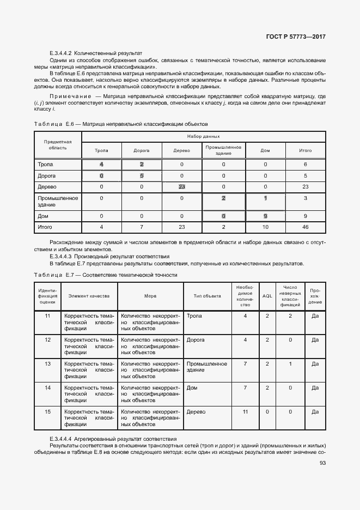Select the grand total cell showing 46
pyautogui.click(x=306, y=227)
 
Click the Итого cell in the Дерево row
pyautogui.click(x=306, y=186)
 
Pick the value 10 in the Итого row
pyautogui.click(x=265, y=227)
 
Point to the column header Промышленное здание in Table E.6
pyautogui.click(x=223, y=150)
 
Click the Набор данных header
pyautogui.click(x=204, y=136)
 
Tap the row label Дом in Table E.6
pyautogui.click(x=42, y=216)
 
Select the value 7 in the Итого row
pyautogui.click(x=141, y=227)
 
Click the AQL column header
pyautogui.click(x=267, y=296)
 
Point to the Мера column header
pyautogui.click(x=150, y=296)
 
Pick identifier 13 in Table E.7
pyautogui.click(x=47, y=363)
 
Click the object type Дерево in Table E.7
pyautogui.click(x=196, y=412)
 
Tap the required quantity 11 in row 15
pyautogui.click(x=245, y=412)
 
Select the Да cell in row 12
pyautogui.click(x=315, y=340)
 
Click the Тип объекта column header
pyautogui.click(x=207, y=296)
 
